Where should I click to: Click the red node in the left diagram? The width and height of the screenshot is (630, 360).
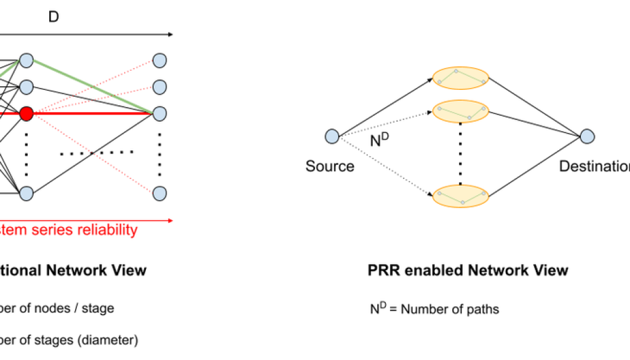point(26,114)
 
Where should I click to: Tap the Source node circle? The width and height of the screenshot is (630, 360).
point(332,137)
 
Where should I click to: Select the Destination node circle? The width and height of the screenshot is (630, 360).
point(586,137)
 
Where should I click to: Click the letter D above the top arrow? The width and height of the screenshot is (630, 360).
point(54,17)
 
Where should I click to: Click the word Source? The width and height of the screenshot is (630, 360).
point(330,166)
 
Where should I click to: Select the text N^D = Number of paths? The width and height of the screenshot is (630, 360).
point(434,308)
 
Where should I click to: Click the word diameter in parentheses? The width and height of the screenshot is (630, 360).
point(110,339)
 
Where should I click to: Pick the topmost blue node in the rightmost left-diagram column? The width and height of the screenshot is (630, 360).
point(159,60)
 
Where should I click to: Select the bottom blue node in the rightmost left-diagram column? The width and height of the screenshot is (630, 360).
point(159,193)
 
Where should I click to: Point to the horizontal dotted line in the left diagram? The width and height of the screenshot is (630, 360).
point(97,152)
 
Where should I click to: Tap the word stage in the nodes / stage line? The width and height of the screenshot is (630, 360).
point(98,308)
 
